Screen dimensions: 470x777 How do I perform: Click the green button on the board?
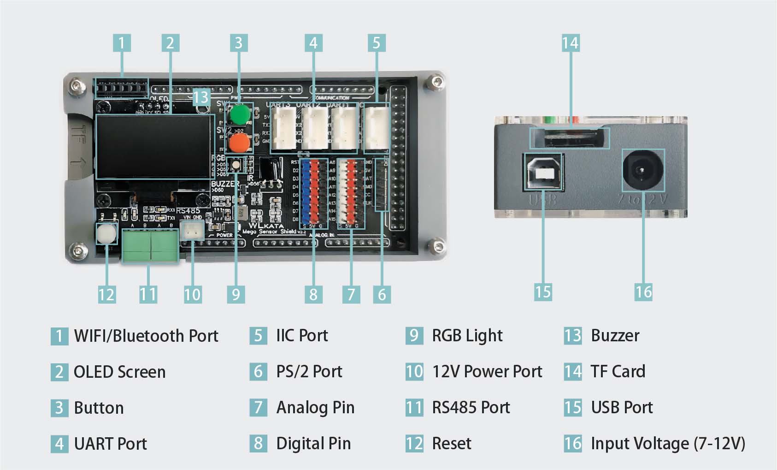point(240,114)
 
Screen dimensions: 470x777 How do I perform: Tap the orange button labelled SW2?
point(239,143)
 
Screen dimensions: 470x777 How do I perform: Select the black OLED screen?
point(155,147)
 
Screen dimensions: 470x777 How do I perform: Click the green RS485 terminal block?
point(150,246)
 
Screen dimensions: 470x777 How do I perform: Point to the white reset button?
point(106,234)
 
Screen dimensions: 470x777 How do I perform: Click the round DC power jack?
point(642,170)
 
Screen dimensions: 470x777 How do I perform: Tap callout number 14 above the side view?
point(571,43)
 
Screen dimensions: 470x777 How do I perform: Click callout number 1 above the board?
point(122,43)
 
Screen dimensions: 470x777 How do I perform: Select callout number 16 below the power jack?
point(643,292)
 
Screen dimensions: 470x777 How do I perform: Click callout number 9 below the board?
point(236,294)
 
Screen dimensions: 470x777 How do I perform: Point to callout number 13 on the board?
point(201,97)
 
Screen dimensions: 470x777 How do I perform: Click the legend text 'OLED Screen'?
point(119,372)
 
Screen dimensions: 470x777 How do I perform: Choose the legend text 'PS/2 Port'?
point(309,371)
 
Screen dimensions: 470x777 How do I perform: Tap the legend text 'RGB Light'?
point(467,335)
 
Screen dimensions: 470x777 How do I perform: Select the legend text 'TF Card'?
point(618,371)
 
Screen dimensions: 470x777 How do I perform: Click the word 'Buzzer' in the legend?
point(615,335)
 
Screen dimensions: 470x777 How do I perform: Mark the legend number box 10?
point(414,371)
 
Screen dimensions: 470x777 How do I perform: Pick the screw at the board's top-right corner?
point(435,83)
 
